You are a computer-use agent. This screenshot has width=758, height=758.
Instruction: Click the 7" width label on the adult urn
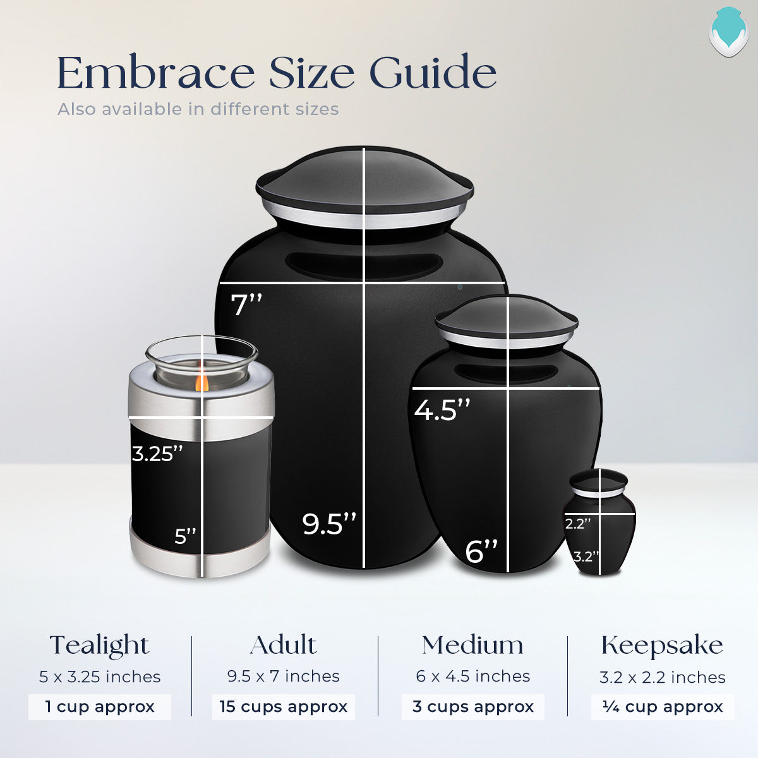[246, 304]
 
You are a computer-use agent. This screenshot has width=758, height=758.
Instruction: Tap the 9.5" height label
[328, 524]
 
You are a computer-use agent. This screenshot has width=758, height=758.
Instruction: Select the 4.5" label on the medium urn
[442, 410]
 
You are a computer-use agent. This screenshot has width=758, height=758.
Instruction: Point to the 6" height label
[481, 551]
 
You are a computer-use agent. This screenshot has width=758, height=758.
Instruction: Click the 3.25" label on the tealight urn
[157, 454]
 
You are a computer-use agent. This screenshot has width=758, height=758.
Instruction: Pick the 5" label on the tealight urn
[186, 536]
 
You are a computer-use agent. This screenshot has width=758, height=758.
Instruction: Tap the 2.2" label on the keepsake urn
[577, 524]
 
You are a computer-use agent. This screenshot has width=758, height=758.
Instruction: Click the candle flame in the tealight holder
[202, 382]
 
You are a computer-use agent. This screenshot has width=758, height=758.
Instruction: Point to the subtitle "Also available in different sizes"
[198, 109]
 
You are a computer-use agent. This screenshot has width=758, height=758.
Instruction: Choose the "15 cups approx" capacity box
[284, 707]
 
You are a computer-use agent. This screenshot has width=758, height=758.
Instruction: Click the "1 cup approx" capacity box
[100, 707]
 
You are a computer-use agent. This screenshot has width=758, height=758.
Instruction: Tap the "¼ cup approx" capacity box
[662, 707]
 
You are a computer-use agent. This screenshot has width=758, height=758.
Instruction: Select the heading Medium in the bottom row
[472, 646]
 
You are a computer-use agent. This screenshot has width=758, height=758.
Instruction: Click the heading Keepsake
[662, 646]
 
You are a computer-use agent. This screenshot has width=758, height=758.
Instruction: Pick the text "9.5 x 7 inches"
[284, 677]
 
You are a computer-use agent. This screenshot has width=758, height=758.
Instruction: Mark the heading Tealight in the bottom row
[100, 646]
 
